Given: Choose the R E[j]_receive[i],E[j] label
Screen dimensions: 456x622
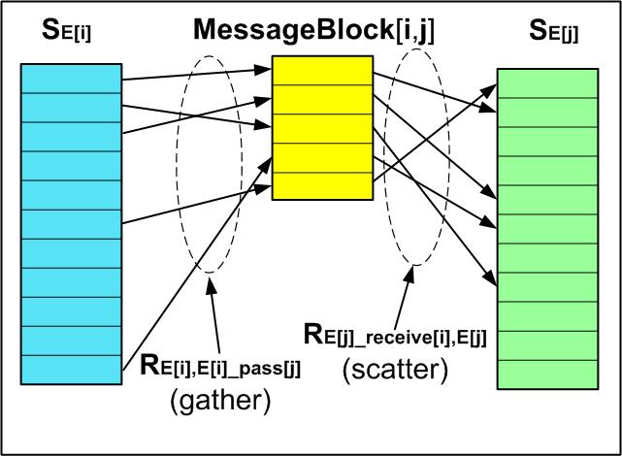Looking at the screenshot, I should [x=395, y=336].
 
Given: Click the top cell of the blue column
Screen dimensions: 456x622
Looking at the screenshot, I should [x=72, y=78].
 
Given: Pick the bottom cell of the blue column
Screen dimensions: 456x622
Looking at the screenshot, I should [x=72, y=370].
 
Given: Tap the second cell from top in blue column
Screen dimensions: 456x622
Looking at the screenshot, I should [x=72, y=107].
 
